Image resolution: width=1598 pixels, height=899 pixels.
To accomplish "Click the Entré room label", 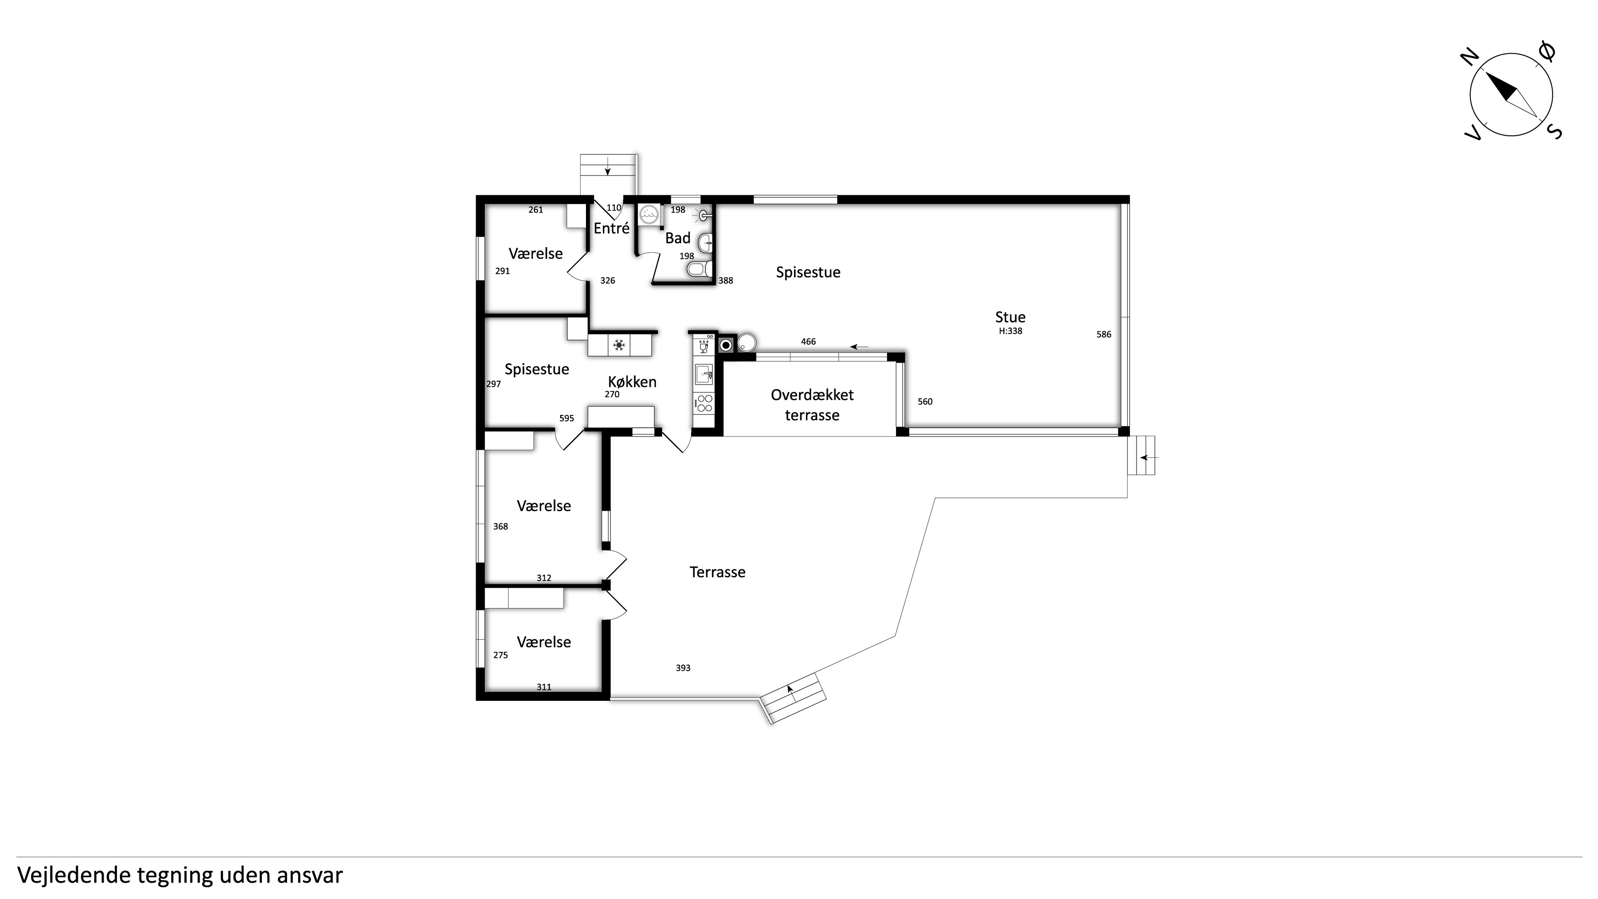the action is tap(612, 228).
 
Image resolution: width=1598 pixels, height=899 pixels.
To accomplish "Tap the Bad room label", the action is tap(677, 238).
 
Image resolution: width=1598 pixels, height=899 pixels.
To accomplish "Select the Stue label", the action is tap(1010, 317).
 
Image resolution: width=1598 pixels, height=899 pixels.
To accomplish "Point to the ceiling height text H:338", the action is tap(1010, 331).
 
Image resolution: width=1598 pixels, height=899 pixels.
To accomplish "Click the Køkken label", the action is tap(632, 382).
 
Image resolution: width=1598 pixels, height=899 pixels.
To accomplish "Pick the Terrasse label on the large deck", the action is tap(717, 572).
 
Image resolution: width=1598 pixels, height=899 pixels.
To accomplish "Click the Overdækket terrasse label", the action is tap(812, 405).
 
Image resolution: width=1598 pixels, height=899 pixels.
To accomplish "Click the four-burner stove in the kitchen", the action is tap(704, 403).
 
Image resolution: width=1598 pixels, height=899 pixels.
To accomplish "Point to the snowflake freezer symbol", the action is tap(618, 345).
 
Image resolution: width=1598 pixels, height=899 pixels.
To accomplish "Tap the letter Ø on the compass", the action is tap(1547, 52).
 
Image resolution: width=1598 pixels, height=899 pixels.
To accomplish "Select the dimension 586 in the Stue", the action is tap(1104, 334).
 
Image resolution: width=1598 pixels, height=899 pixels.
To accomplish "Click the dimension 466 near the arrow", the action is tap(808, 342).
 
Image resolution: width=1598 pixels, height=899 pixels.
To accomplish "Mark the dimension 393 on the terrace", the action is tap(682, 668).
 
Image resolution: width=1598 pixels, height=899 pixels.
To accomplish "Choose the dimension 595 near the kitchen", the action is tap(566, 419).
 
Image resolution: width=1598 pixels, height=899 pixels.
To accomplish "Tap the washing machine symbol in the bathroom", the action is tap(649, 214).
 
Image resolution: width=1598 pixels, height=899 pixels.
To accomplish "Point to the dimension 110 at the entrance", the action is tap(613, 208).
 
